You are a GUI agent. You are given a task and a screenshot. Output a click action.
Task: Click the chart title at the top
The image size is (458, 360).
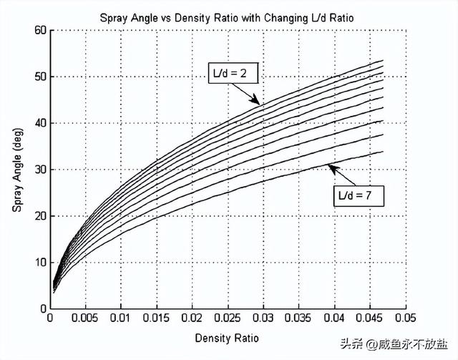pos(228,15)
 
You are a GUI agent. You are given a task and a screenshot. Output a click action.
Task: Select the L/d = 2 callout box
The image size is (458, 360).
pos(233,74)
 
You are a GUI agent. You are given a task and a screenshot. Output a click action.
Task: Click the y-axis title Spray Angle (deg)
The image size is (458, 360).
pos(17,170)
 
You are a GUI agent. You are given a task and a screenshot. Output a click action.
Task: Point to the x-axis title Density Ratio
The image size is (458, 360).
pos(228,336)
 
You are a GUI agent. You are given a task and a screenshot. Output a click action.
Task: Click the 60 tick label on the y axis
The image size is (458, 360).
pos(40,31)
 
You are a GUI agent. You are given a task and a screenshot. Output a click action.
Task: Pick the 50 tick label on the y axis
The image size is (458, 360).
pos(40,77)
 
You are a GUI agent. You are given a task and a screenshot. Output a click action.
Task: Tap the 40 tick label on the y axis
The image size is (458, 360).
pos(40,123)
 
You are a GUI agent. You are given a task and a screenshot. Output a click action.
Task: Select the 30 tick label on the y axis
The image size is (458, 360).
pos(40,170)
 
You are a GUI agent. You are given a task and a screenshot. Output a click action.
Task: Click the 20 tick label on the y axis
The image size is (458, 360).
pos(40,216)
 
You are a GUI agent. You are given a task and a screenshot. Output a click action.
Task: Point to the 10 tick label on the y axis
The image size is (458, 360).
pos(40,262)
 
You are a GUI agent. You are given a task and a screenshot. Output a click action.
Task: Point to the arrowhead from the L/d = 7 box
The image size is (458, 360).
pos(330,167)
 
